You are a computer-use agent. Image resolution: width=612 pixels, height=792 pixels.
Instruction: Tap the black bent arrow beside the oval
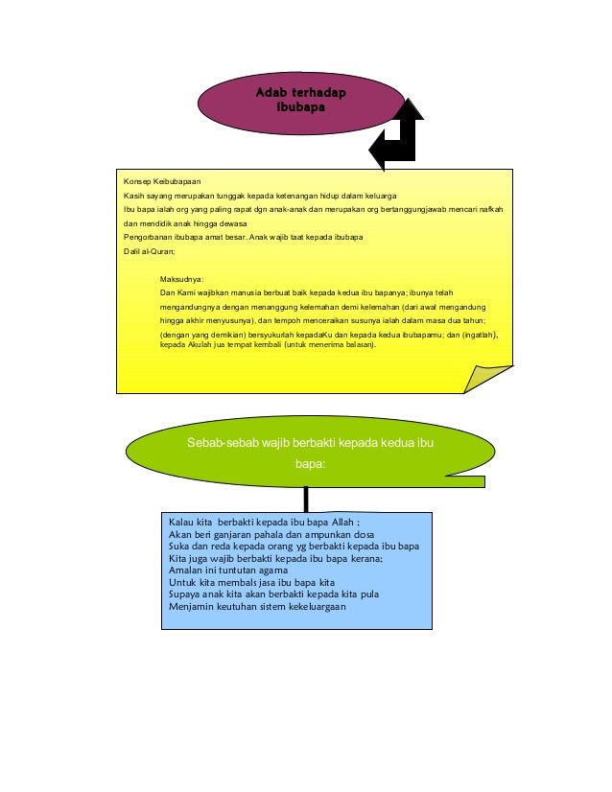(x=400, y=135)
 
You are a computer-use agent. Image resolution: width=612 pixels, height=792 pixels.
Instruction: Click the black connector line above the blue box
(x=306, y=498)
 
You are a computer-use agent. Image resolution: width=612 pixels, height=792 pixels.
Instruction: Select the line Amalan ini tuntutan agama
(x=227, y=570)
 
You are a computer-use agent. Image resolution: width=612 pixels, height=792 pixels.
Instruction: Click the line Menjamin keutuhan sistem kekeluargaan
(x=256, y=606)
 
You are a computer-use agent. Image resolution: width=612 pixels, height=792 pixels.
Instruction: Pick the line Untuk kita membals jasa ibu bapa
(x=250, y=582)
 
